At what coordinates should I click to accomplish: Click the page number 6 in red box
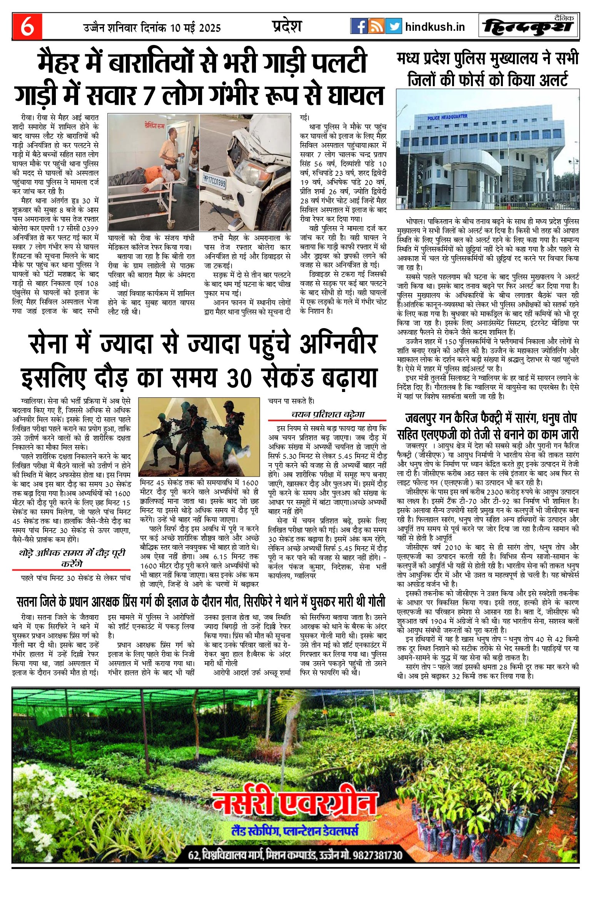point(27,27)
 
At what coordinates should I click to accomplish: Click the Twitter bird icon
point(393,26)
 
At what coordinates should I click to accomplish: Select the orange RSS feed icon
point(376,26)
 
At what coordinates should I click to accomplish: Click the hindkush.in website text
point(435,27)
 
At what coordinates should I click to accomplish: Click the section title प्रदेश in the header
point(287,26)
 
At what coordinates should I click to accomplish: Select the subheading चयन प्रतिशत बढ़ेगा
point(327,414)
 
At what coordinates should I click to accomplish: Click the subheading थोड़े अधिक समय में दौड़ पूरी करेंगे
point(72,558)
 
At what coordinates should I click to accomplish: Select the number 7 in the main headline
point(150,95)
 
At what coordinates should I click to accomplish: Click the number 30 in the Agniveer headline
point(239,378)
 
